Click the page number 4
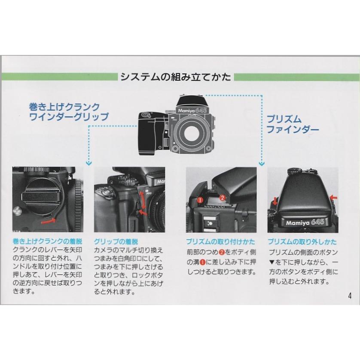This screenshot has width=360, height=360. (x=349, y=296)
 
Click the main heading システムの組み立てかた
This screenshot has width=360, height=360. (x=176, y=77)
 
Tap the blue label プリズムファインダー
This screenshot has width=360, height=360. (x=293, y=124)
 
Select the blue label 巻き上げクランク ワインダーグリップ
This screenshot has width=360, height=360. (x=69, y=112)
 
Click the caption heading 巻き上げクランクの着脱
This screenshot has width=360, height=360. (x=47, y=241)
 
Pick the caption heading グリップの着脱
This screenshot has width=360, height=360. (x=116, y=241)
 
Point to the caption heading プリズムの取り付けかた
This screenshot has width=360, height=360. (x=221, y=241)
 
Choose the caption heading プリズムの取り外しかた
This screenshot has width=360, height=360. (x=302, y=241)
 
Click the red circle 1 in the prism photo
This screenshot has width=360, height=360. (x=200, y=200)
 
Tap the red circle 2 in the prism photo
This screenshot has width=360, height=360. (x=222, y=197)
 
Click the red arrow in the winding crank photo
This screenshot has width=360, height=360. (x=49, y=221)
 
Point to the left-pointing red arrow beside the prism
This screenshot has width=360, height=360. (x=333, y=197)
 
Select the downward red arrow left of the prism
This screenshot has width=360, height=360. (x=275, y=201)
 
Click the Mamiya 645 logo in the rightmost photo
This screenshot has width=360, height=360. (x=305, y=222)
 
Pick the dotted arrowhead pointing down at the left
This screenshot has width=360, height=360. (x=88, y=163)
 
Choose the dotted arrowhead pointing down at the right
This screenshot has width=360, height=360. (x=262, y=164)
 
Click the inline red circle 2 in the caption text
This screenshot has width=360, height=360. (x=222, y=252)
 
